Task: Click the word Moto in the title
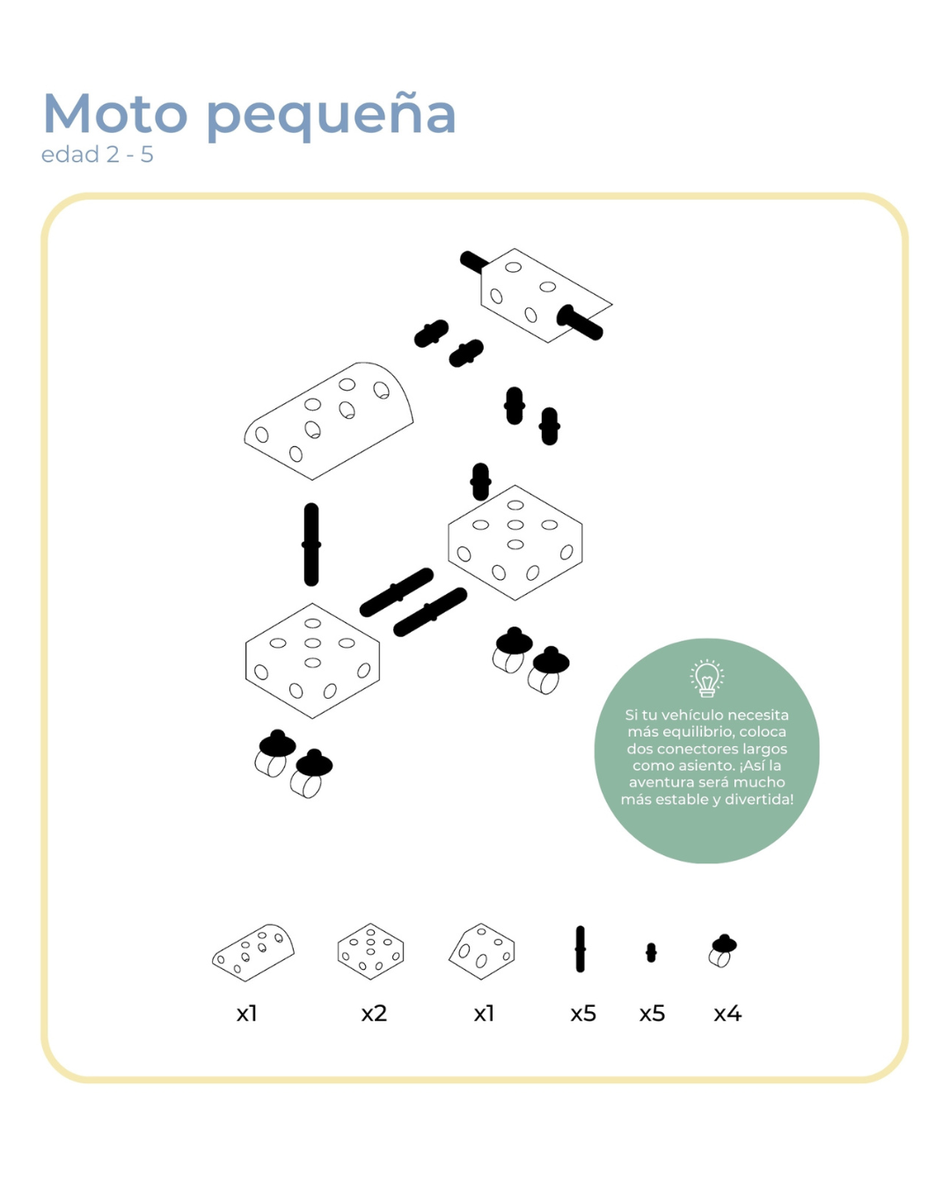[115, 114]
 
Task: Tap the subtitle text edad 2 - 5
[97, 155]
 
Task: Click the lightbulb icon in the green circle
[706, 678]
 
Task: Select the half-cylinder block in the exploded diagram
[329, 421]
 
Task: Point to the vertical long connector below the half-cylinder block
[311, 545]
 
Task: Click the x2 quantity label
[374, 1014]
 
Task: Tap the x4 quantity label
[727, 1014]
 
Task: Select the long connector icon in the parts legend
[581, 950]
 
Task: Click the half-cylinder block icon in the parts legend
[253, 952]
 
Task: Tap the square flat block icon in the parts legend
[371, 951]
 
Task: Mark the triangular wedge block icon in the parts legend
[482, 951]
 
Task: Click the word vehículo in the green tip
[690, 715]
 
